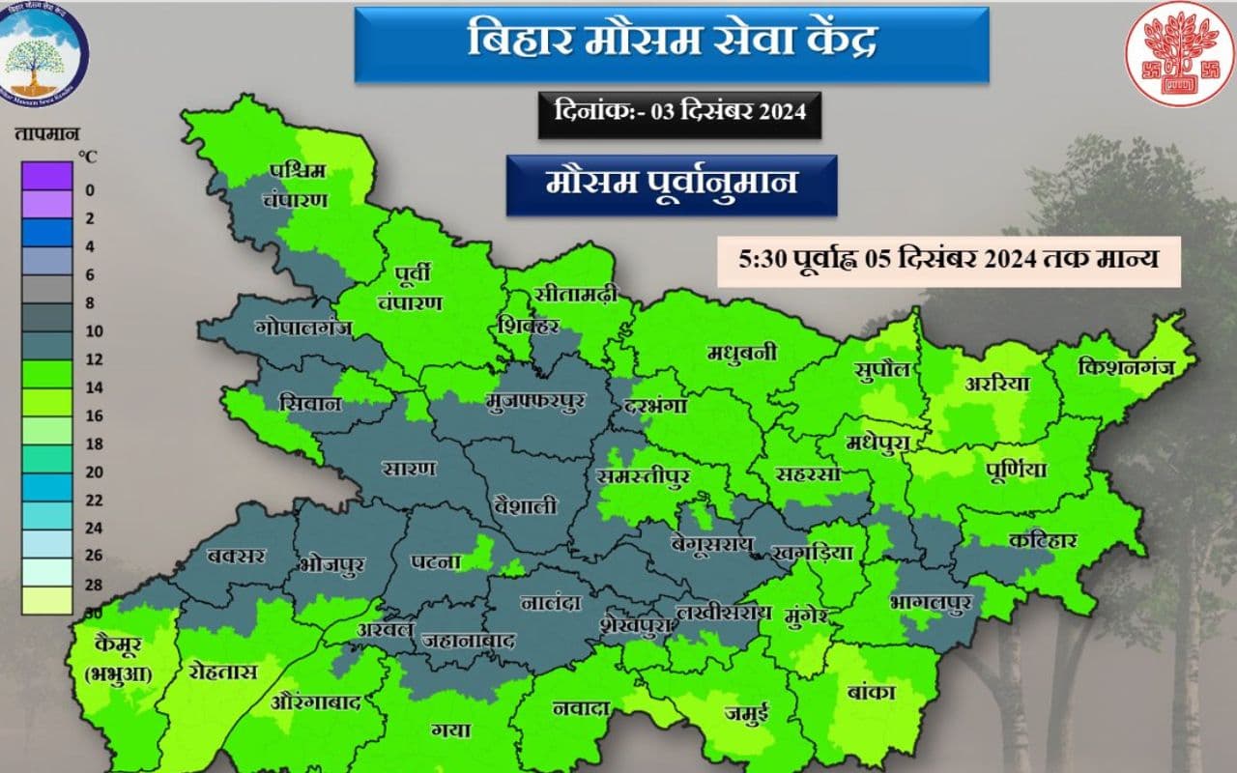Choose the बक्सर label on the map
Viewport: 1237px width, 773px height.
pos(236,557)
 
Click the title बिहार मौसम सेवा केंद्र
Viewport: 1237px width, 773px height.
pos(672,43)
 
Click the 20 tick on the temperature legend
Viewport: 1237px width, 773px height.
pos(90,472)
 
